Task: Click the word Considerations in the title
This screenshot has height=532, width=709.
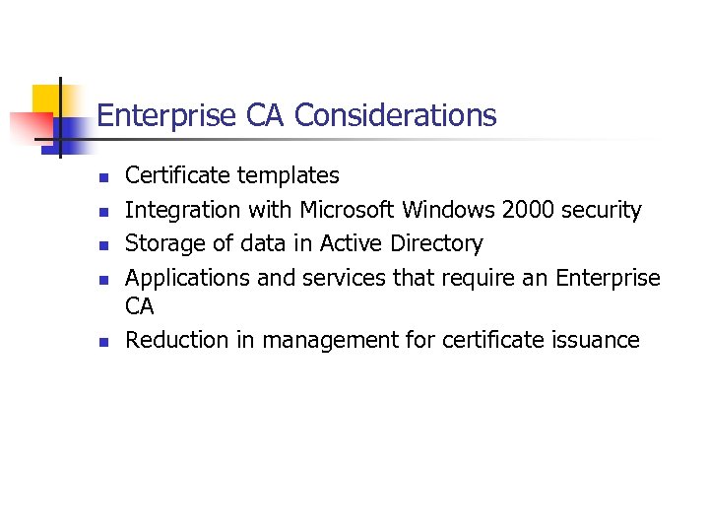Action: click(395, 116)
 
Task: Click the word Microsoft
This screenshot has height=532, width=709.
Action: click(348, 210)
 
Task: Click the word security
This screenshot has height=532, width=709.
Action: click(602, 210)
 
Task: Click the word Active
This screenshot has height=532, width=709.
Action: click(353, 243)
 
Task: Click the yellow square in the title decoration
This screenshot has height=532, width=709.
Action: click(46, 100)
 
